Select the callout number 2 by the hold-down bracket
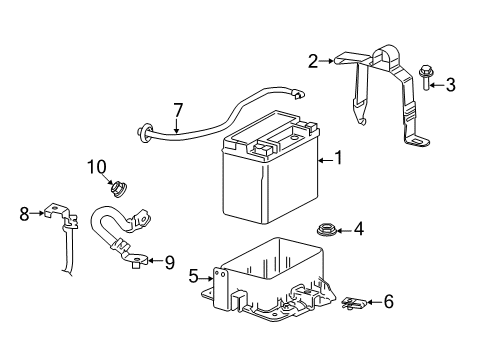click(313, 61)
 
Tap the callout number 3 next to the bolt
click(451, 85)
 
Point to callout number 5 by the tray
click(193, 275)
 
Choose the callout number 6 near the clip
click(388, 300)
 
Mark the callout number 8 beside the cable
click(25, 212)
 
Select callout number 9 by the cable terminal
click(169, 262)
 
